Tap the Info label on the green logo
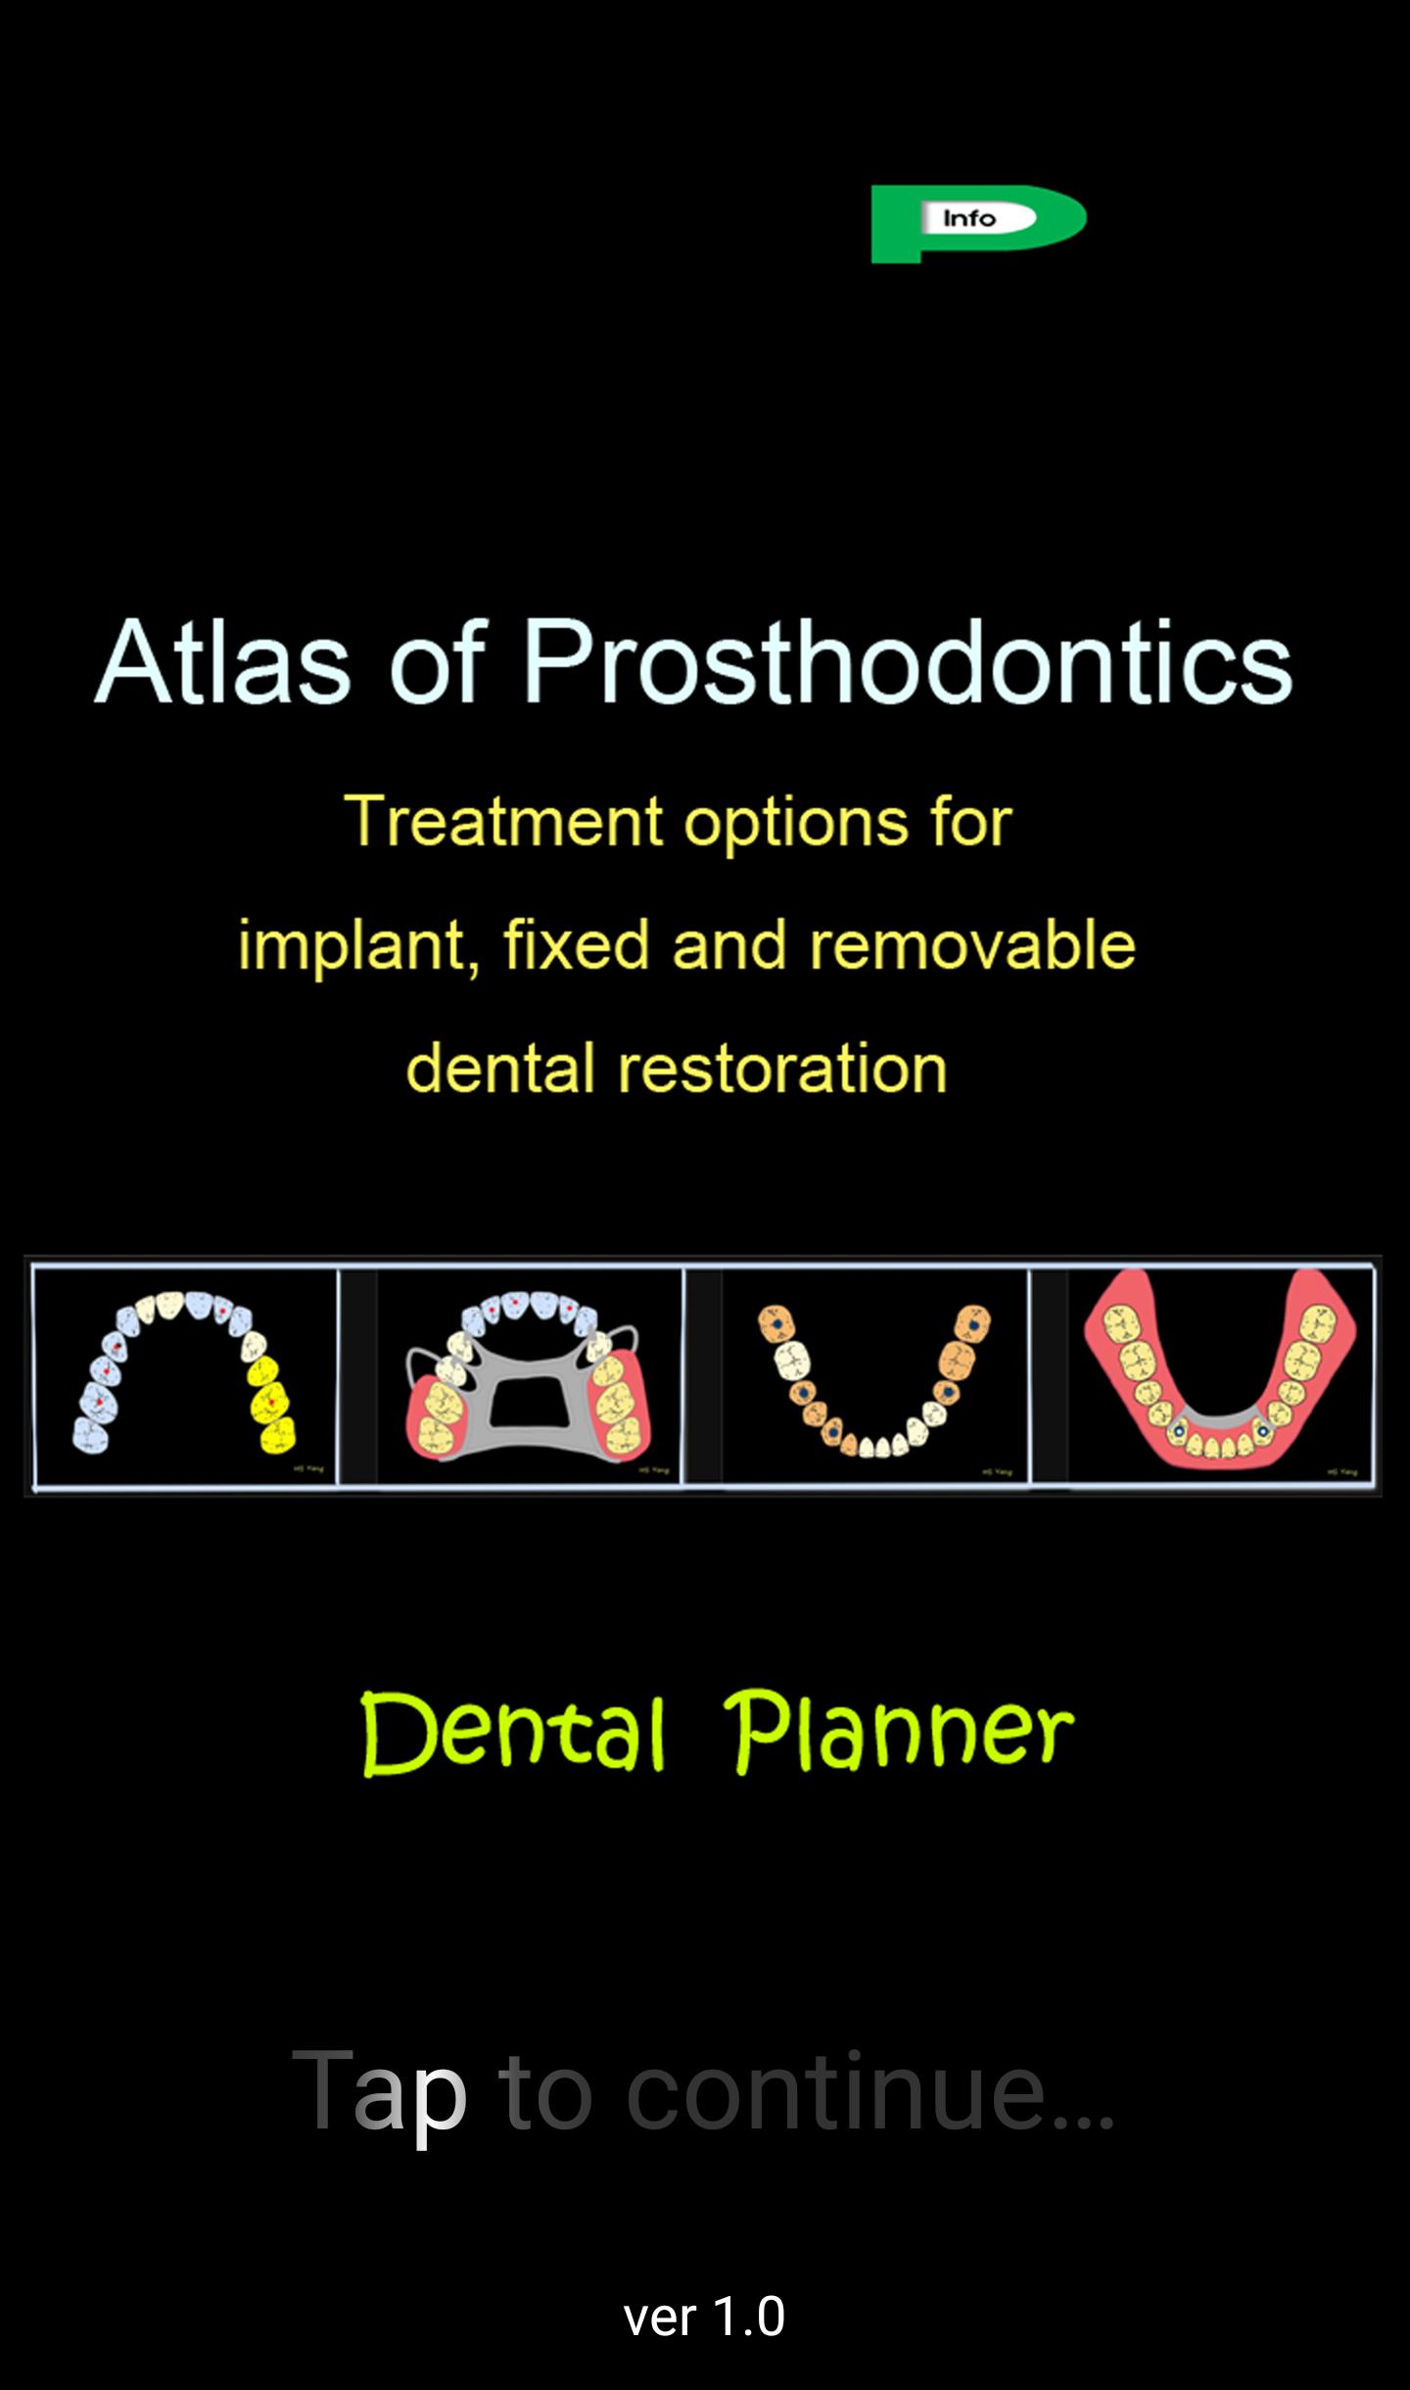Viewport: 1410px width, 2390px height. [968, 218]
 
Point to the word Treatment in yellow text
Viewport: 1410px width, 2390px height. [503, 821]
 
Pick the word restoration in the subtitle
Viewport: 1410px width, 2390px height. [781, 1068]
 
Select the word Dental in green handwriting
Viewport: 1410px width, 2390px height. [513, 1734]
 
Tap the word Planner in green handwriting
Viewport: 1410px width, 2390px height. [899, 1734]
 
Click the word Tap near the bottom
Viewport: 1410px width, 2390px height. [379, 2090]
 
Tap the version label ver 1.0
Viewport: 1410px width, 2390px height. [704, 2318]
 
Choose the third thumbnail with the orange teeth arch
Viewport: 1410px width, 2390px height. [874, 1377]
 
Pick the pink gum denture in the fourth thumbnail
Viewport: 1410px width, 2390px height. [1219, 1377]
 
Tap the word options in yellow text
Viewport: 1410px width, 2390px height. [795, 821]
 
